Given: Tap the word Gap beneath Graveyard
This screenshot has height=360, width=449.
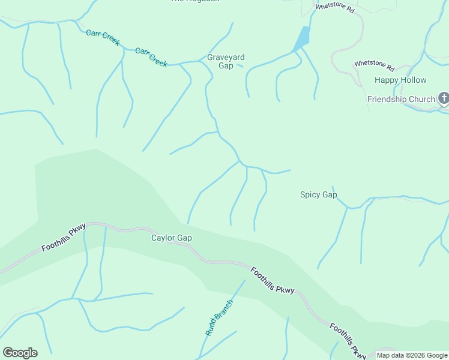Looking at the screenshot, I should [x=226, y=66].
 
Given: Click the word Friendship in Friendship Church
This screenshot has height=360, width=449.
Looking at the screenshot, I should [x=388, y=99].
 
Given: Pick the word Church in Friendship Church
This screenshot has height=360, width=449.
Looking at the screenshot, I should [x=423, y=99].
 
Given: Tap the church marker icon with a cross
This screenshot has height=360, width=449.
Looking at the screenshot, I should [x=444, y=98].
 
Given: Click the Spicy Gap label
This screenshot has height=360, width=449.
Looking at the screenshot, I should [x=318, y=194].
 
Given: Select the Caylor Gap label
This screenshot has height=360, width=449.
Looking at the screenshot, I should [x=171, y=238].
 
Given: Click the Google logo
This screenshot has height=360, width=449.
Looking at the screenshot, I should [x=20, y=352].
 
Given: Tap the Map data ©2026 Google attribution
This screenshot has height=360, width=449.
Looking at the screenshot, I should [x=412, y=355].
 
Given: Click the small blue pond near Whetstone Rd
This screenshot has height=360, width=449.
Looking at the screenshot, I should [x=302, y=40].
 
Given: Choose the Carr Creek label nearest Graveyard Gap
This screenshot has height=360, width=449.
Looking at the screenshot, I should [x=151, y=57].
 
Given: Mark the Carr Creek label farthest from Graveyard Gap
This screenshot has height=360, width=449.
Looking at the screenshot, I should [x=103, y=37].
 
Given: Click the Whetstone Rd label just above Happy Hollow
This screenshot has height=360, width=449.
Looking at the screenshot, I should [x=373, y=65].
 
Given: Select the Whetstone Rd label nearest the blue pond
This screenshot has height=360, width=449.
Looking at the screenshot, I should [x=335, y=8].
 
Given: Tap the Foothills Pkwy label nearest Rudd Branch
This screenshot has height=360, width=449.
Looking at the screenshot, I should [x=273, y=280].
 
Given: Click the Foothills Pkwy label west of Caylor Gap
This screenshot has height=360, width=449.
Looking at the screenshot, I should [x=64, y=238].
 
